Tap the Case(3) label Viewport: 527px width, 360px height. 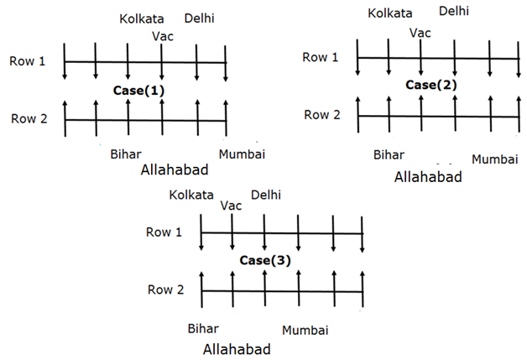click(265, 260)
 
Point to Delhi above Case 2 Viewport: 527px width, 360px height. click(454, 11)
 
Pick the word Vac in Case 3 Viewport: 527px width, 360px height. click(230, 206)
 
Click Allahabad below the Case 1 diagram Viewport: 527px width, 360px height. click(175, 170)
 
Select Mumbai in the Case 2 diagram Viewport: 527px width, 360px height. click(494, 159)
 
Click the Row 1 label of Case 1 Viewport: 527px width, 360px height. click(29, 60)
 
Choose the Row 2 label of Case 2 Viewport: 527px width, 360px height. click(321, 115)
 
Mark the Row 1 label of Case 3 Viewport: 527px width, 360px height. click(164, 232)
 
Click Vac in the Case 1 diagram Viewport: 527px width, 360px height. click(163, 35)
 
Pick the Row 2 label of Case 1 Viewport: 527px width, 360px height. click(29, 119)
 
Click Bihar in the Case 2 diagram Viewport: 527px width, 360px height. click(389, 155)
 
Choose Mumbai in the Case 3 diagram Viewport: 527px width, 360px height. click(305, 330)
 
